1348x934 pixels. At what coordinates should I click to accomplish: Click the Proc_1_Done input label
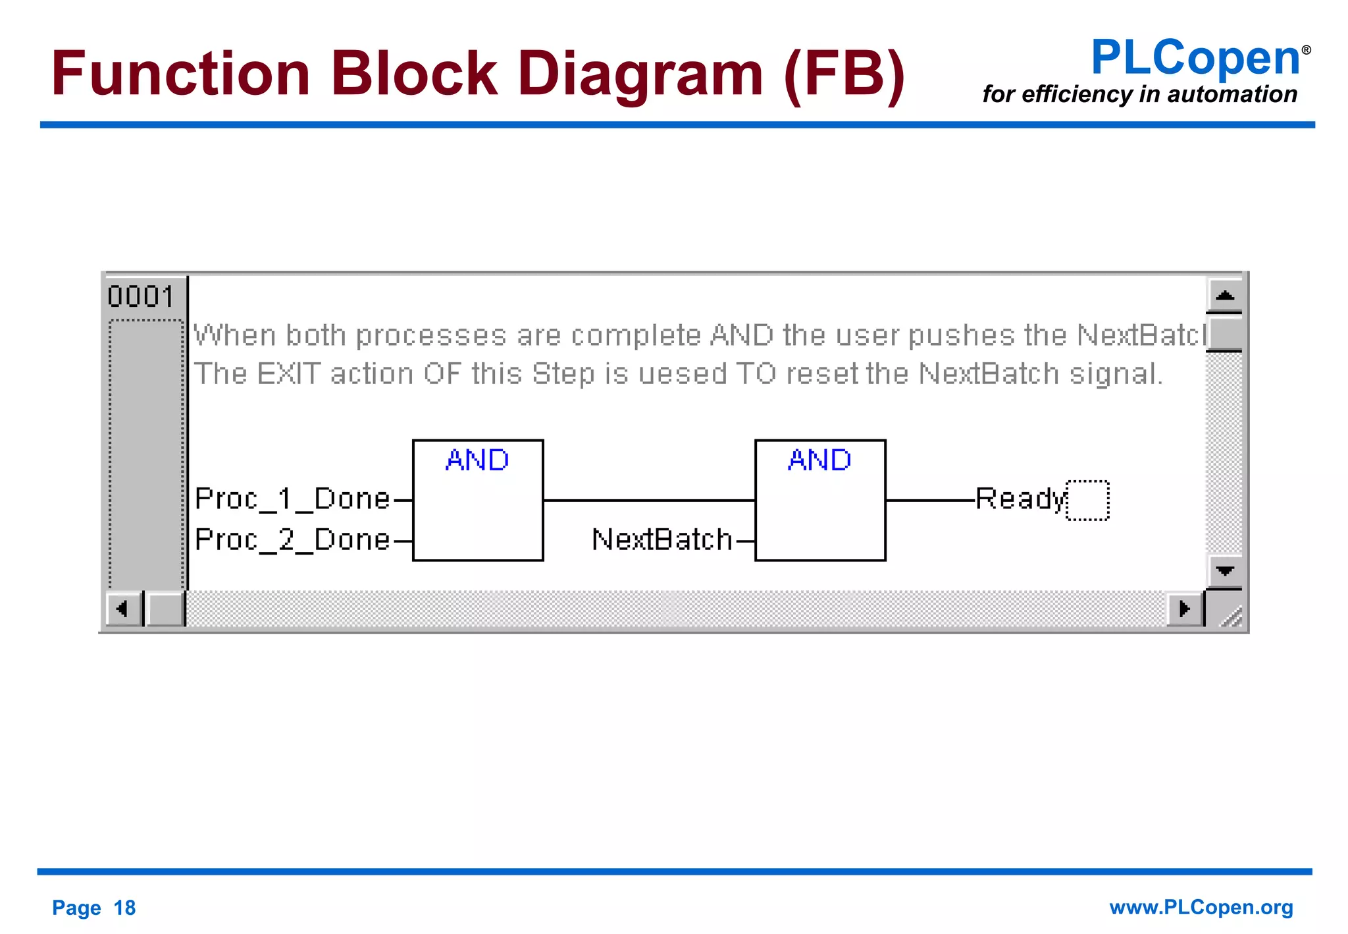(x=293, y=499)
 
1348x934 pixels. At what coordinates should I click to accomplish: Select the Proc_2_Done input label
(x=293, y=540)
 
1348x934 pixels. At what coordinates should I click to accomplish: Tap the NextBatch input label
(x=662, y=540)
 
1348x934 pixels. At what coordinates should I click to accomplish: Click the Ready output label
(x=1020, y=499)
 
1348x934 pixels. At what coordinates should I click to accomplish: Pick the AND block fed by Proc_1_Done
(x=478, y=501)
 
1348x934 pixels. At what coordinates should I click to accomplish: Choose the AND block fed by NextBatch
(x=820, y=501)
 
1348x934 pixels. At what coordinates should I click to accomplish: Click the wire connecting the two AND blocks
(x=649, y=501)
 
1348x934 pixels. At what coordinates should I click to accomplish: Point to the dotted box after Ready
(x=1087, y=501)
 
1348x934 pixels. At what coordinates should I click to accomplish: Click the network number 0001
(x=141, y=297)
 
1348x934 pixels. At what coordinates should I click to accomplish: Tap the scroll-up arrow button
(x=1224, y=295)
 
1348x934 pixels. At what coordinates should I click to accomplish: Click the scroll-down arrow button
(x=1224, y=570)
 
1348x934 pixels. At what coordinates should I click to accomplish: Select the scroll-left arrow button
(x=122, y=608)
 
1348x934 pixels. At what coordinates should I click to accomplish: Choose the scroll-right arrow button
(x=1184, y=608)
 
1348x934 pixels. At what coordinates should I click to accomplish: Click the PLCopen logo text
(x=1195, y=58)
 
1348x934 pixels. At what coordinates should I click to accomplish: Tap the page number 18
(x=124, y=908)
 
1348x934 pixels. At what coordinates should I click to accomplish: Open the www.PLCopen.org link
(x=1201, y=907)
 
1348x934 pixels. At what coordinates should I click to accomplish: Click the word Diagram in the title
(x=640, y=73)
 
